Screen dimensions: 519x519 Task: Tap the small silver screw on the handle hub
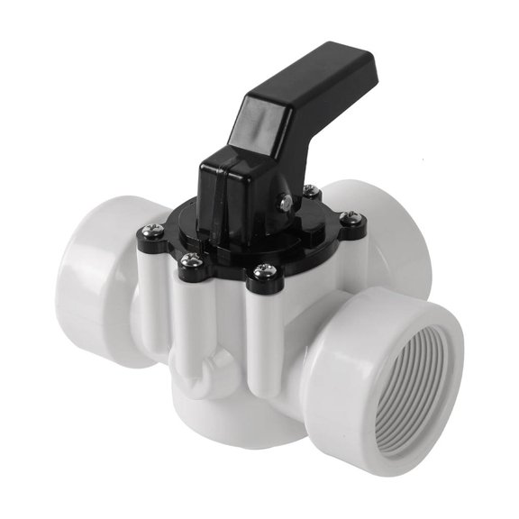284,204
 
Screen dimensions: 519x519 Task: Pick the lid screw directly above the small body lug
189,260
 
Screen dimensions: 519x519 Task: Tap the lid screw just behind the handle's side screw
310,191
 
